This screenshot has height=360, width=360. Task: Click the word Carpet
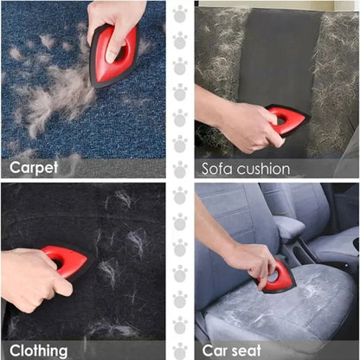point(35,166)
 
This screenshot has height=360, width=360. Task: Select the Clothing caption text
point(39,350)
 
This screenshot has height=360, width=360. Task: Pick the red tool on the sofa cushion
point(289,118)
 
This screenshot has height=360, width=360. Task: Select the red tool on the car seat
point(279,277)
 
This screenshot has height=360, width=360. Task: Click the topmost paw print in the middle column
point(180,15)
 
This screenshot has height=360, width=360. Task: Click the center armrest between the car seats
point(289,229)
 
